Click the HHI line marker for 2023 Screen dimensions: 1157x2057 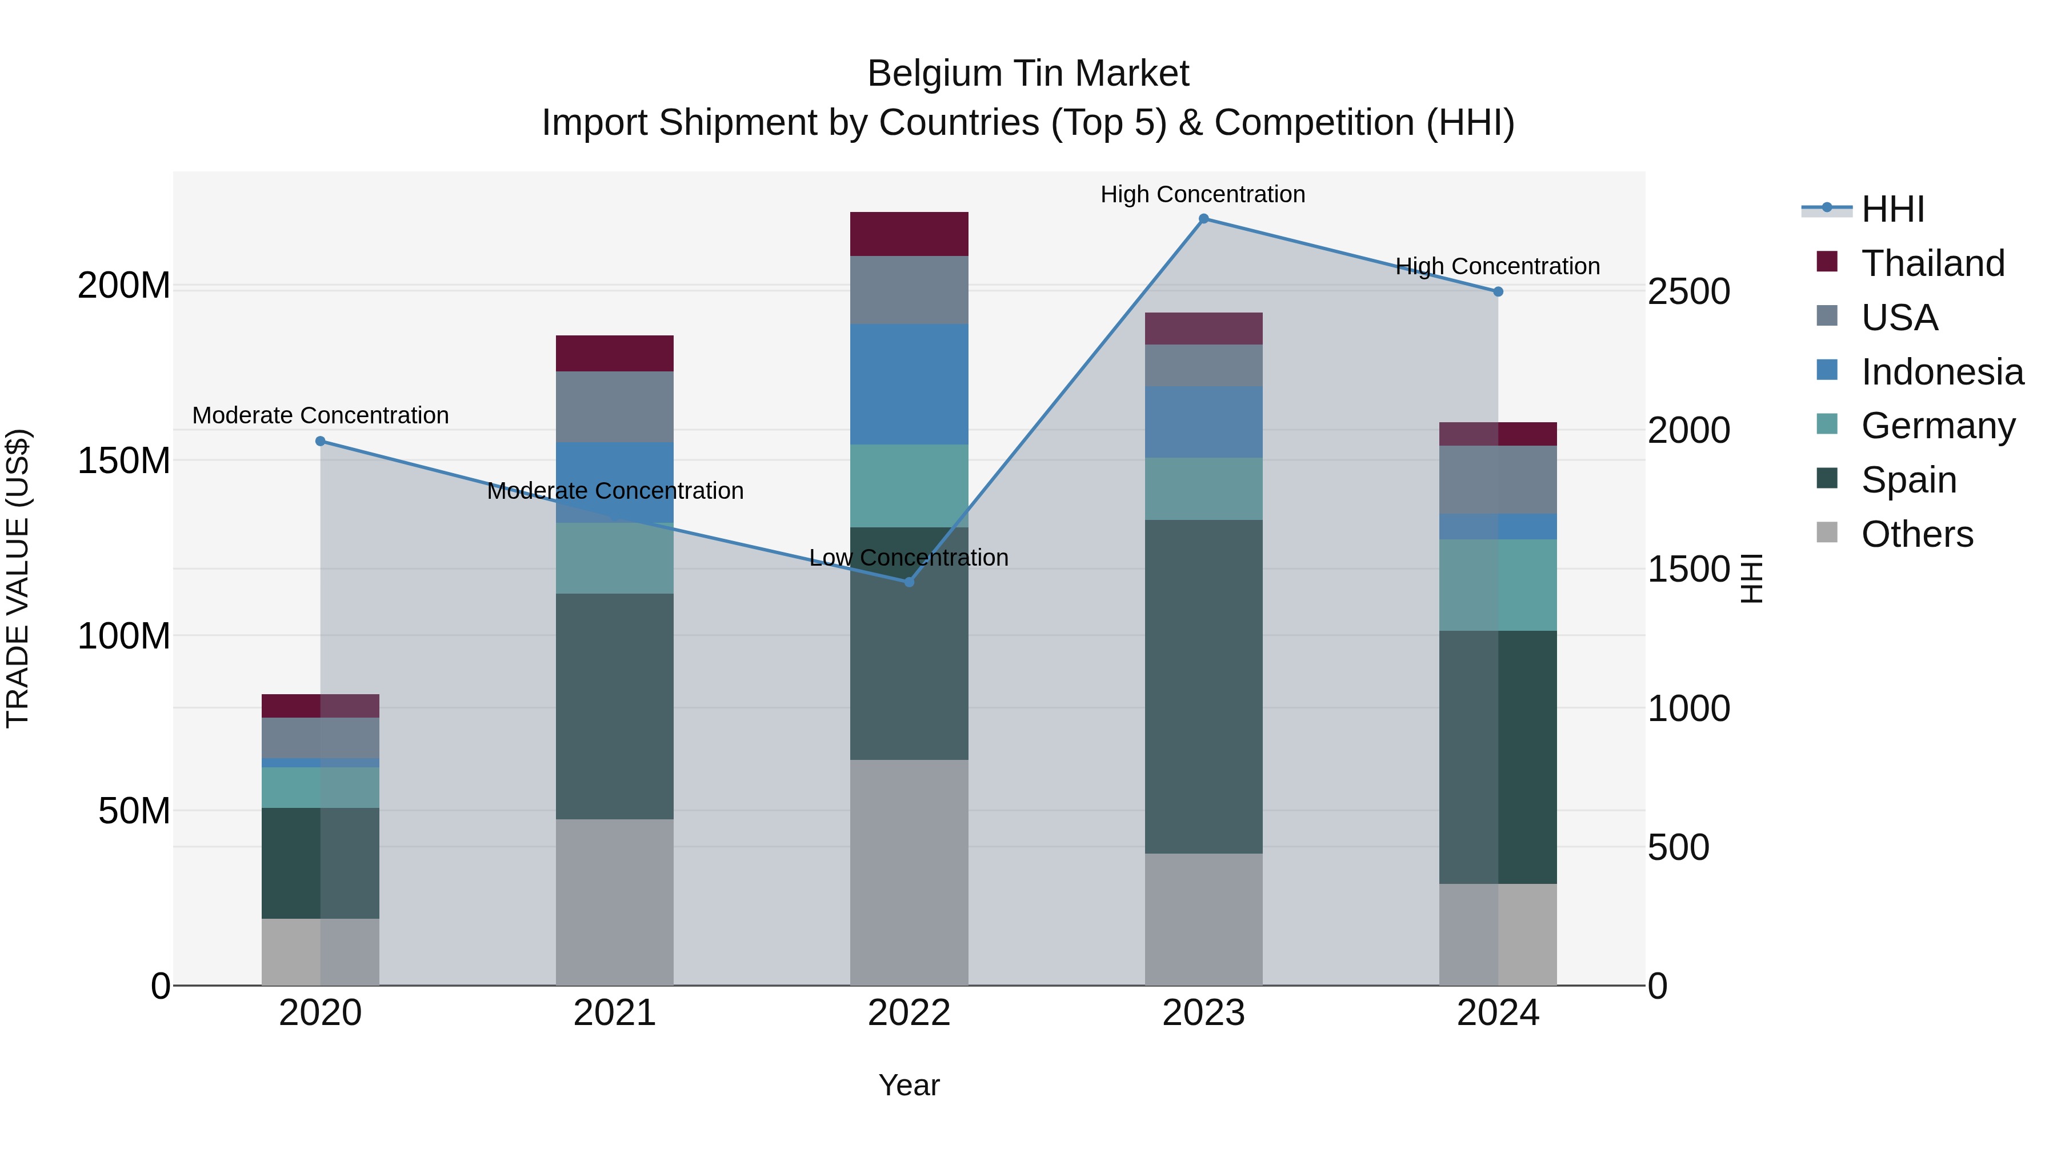point(1203,219)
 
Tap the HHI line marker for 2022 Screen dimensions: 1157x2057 point(909,582)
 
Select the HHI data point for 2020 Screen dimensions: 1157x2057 point(320,441)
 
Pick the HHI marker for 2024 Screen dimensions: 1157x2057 point(1498,291)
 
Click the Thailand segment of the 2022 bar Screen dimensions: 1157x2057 point(909,234)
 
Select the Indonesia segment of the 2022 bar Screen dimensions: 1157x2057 point(909,384)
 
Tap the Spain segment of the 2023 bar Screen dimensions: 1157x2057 point(1203,687)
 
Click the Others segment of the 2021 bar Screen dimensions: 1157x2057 point(614,902)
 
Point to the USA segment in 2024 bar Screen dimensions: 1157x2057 point(1498,479)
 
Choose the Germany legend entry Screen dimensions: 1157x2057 point(1938,426)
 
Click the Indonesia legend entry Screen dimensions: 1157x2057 point(1942,372)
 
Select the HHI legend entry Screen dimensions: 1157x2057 point(1892,209)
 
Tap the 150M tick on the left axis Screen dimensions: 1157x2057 point(124,461)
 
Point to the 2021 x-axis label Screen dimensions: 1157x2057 point(614,1013)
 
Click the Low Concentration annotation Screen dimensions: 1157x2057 point(909,557)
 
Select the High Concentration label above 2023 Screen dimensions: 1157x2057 point(1203,194)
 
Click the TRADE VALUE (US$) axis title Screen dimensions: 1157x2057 point(18,578)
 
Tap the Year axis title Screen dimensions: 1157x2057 point(909,1085)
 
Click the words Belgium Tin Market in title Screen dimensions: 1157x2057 point(1028,74)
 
